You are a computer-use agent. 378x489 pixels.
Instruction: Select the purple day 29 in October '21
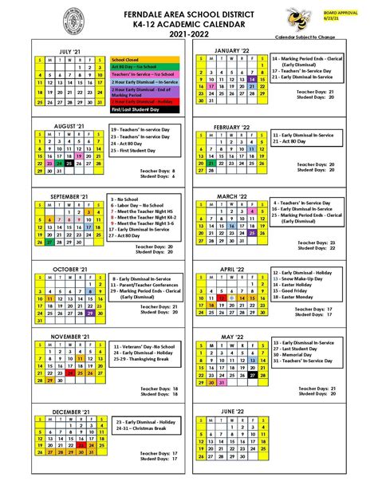(92, 314)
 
